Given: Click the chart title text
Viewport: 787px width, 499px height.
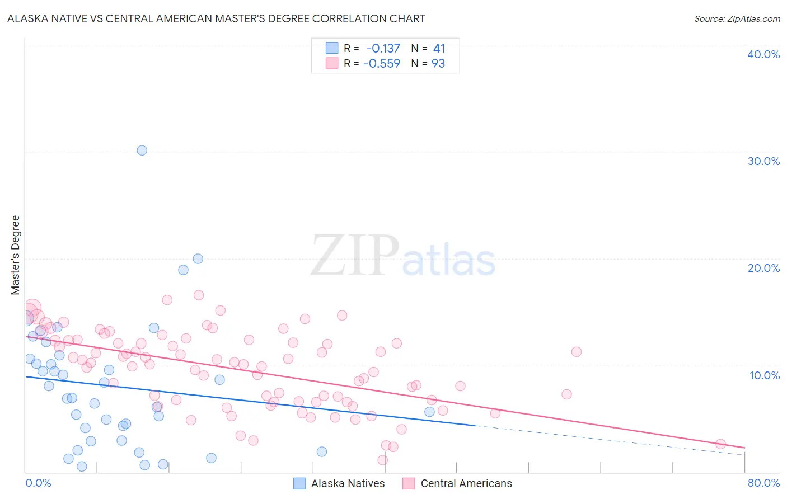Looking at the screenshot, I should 216,18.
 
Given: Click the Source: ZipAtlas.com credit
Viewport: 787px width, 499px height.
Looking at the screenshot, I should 737,18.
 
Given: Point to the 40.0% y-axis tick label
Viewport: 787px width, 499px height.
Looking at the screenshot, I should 763,54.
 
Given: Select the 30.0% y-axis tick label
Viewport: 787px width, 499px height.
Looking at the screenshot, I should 763,161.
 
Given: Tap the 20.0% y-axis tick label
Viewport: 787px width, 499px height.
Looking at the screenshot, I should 763,268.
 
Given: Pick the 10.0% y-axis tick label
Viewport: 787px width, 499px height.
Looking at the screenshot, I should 765,375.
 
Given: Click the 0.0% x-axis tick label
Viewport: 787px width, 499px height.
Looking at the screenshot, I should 38,483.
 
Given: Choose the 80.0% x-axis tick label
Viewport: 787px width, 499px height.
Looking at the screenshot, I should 763,483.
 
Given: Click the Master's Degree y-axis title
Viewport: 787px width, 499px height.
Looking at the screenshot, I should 15,255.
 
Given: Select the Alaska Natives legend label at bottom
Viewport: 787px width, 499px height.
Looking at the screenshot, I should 348,483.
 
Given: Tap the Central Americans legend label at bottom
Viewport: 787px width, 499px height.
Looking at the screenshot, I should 466,483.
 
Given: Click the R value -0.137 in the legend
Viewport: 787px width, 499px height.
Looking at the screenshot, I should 383,49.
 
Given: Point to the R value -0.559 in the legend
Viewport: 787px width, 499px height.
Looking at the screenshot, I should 382,64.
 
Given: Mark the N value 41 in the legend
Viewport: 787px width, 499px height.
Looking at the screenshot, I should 439,49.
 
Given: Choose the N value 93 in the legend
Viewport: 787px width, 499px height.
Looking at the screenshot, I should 438,64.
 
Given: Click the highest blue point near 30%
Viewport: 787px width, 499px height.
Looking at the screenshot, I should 142,150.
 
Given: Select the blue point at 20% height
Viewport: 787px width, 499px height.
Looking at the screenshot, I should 198,258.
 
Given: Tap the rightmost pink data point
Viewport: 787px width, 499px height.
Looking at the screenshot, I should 720,444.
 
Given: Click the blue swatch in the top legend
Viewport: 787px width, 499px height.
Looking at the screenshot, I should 332,48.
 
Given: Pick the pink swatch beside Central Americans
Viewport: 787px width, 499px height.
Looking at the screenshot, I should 409,483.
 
